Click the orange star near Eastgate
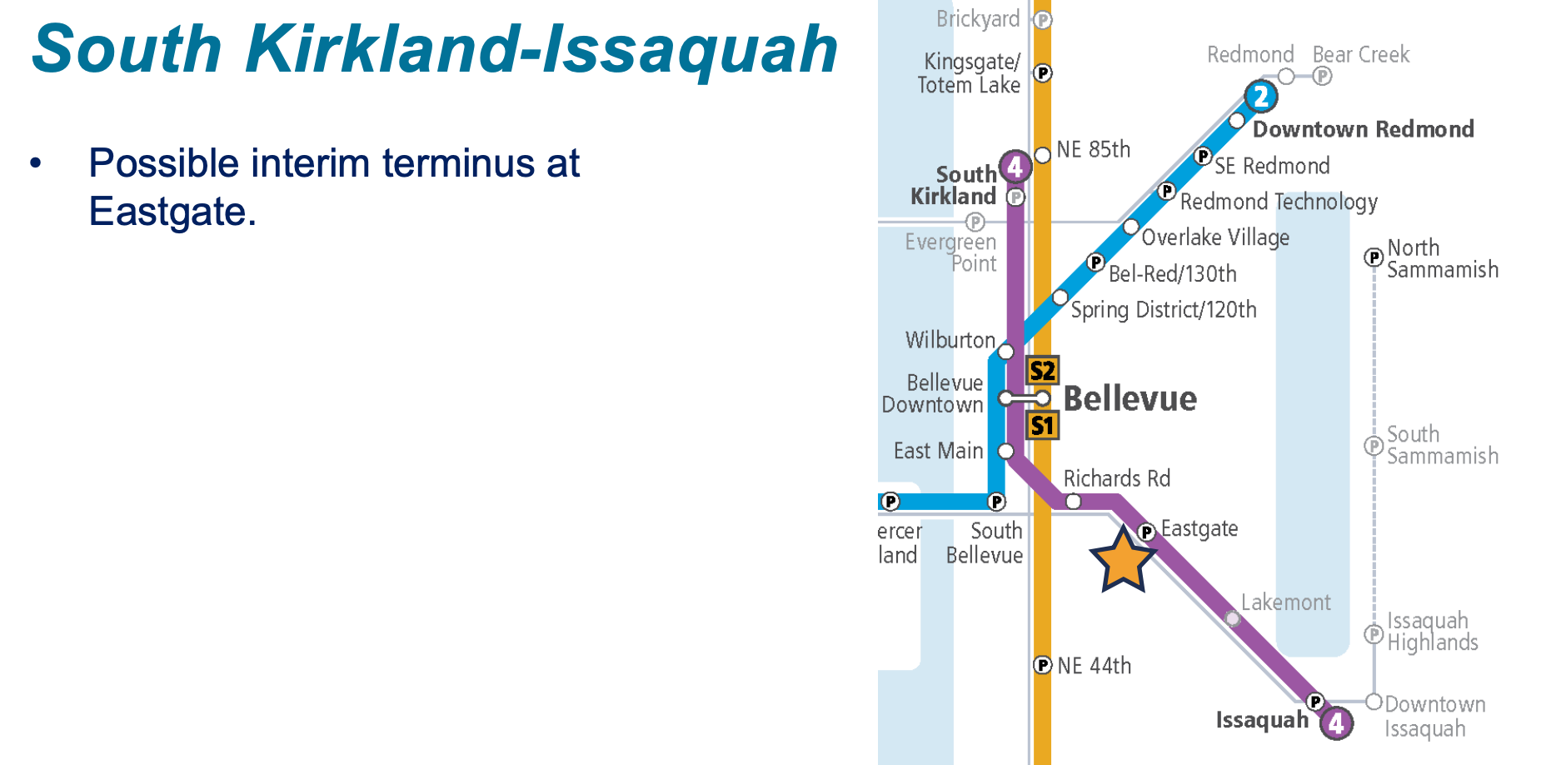1123,561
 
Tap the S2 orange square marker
1042,371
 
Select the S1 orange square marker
1042,426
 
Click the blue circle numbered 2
1261,97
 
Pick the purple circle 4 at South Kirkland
1015,167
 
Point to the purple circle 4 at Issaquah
1336,722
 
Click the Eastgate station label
1199,528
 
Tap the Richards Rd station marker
1074,502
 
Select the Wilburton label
950,340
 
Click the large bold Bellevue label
1130,398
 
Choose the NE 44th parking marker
1042,665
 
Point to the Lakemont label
1285,602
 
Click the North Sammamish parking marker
1374,257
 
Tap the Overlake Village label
1214,237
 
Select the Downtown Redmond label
1363,129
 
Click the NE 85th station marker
1042,155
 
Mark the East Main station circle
1006,452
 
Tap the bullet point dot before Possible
35,162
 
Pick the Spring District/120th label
1163,310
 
